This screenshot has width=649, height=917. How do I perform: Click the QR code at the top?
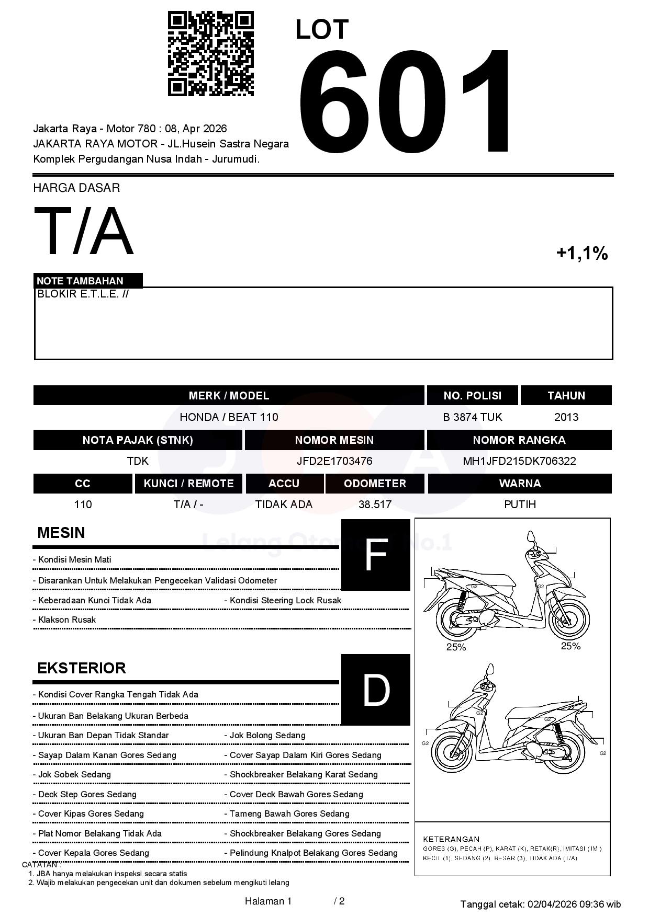pyautogui.click(x=210, y=54)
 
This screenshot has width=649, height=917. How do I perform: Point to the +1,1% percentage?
pyautogui.click(x=581, y=254)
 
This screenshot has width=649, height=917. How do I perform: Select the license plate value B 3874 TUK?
pyautogui.click(x=472, y=417)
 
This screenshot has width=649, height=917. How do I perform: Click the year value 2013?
pyautogui.click(x=566, y=417)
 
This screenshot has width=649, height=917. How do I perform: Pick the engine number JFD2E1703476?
pyautogui.click(x=334, y=461)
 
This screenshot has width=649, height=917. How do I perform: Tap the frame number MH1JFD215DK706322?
pyautogui.click(x=519, y=461)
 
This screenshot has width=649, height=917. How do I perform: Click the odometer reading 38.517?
pyautogui.click(x=375, y=505)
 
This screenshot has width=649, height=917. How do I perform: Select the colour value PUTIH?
pyautogui.click(x=520, y=505)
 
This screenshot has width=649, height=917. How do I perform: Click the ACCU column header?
pyautogui.click(x=284, y=484)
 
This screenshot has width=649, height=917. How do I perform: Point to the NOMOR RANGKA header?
pyautogui.click(x=519, y=440)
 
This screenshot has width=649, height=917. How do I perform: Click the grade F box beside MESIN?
pyautogui.click(x=375, y=555)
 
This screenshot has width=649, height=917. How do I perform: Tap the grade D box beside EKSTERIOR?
pyautogui.click(x=375, y=690)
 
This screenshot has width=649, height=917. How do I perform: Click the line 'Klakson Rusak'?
pyautogui.click(x=67, y=620)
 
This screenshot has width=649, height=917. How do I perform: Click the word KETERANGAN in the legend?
pyautogui.click(x=451, y=839)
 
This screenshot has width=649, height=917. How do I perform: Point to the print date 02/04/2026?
pyautogui.click(x=552, y=904)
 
